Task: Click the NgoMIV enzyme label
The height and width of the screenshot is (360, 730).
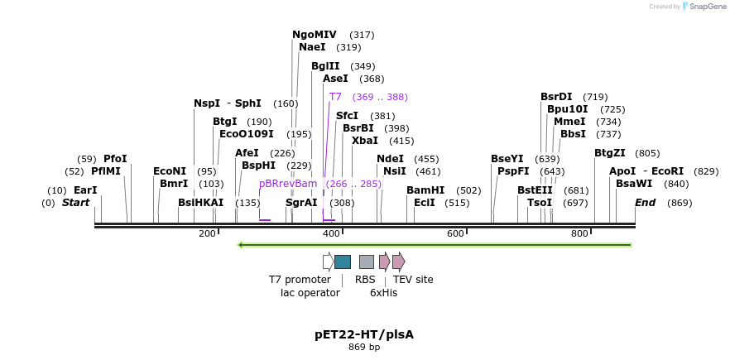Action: pyautogui.click(x=315, y=35)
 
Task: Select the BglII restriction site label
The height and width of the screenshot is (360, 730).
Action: pyautogui.click(x=325, y=66)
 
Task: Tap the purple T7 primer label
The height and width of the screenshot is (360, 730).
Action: pyautogui.click(x=335, y=97)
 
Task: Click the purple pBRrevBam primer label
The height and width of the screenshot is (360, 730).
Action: pyautogui.click(x=288, y=184)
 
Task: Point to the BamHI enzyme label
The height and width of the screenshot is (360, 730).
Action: pyautogui.click(x=425, y=190)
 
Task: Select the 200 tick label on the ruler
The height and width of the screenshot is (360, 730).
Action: pyautogui.click(x=207, y=234)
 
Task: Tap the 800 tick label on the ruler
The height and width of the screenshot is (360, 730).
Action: pyautogui.click(x=579, y=234)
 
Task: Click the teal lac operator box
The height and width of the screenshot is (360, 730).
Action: pyautogui.click(x=342, y=262)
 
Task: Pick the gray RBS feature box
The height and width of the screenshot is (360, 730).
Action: pyautogui.click(x=366, y=262)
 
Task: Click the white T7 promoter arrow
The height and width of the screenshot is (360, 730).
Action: pyautogui.click(x=328, y=262)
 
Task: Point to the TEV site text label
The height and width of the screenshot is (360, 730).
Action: pyautogui.click(x=413, y=280)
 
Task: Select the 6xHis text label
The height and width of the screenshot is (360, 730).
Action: pyautogui.click(x=383, y=293)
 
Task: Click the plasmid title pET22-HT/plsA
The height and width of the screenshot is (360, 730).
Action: pyautogui.click(x=364, y=334)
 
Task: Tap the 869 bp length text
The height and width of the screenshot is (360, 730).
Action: pyautogui.click(x=364, y=348)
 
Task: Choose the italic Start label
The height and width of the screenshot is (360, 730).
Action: pyautogui.click(x=75, y=203)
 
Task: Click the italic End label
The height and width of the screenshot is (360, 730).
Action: pyautogui.click(x=645, y=203)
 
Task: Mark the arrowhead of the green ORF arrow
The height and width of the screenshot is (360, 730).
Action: pyautogui.click(x=241, y=245)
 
